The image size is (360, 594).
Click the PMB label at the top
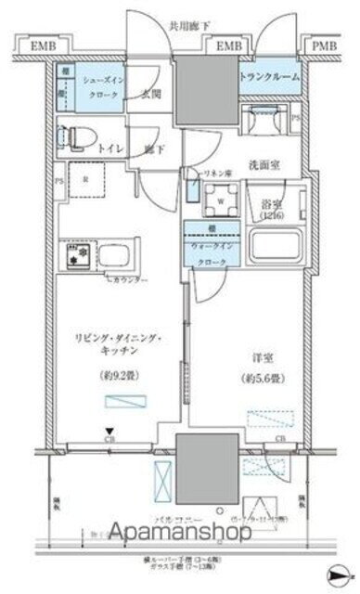pyautogui.click(x=325, y=44)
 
